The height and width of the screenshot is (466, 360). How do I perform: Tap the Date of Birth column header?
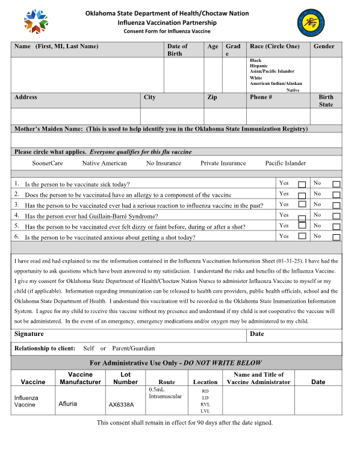pos(177,49)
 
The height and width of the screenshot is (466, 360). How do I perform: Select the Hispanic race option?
pos(259,66)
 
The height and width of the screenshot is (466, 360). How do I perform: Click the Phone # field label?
pos(261,97)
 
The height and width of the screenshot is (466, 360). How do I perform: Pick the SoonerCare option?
pos(47,163)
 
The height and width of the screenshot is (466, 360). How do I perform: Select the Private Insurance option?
pos(223,163)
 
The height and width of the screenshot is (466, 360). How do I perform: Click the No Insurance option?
pos(163,163)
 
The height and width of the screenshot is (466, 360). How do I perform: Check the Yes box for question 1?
pos(302,184)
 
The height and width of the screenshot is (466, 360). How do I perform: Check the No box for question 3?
pos(337,205)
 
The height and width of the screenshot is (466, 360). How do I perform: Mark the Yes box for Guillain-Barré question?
pos(302,216)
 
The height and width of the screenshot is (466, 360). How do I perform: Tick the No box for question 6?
pos(337,237)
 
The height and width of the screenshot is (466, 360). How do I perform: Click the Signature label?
pos(29,334)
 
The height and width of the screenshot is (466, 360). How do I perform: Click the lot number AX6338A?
pos(121,405)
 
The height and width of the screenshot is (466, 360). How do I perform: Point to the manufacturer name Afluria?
pos(67,404)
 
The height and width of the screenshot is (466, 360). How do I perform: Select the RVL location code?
pos(205,405)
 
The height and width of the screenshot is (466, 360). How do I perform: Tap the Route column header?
pos(166,382)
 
